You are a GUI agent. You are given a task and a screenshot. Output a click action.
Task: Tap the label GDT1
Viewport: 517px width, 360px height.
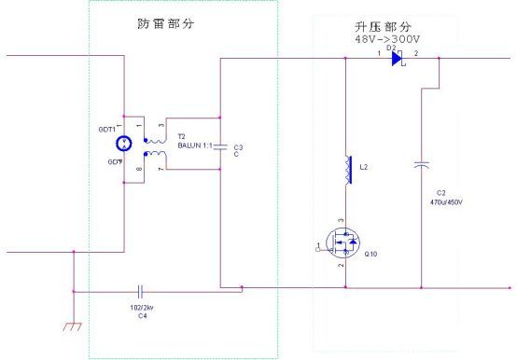tap(107, 130)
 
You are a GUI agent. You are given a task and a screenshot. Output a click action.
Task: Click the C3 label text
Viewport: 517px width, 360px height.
tap(239, 146)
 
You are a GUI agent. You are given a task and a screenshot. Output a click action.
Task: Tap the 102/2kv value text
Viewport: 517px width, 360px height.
tap(142, 305)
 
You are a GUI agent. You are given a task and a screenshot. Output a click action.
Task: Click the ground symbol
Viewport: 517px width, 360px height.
tap(73, 325)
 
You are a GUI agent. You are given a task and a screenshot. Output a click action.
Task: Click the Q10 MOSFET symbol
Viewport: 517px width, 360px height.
tap(342, 245)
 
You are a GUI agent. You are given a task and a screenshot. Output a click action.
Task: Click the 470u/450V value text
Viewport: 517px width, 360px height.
tap(446, 201)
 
